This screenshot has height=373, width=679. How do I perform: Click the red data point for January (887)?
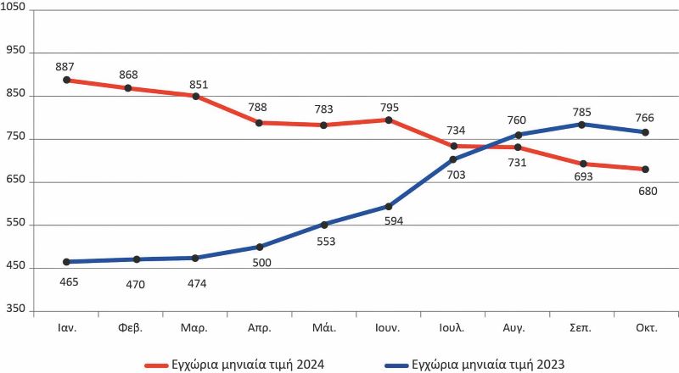pyautogui.click(x=66, y=81)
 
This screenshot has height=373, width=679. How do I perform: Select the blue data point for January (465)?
pyautogui.click(x=66, y=262)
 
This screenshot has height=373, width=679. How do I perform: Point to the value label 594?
pyautogui.click(x=388, y=222)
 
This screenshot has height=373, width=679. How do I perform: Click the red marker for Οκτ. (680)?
pyautogui.click(x=646, y=170)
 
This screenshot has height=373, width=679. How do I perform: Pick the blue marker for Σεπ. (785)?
pyautogui.click(x=582, y=125)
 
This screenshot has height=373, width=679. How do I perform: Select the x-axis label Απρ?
pyautogui.click(x=260, y=326)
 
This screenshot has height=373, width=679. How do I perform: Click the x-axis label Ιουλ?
pyautogui.click(x=453, y=326)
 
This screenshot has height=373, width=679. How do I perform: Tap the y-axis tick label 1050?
pyautogui.click(x=15, y=8)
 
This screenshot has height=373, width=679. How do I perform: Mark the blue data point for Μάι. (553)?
pyautogui.click(x=324, y=225)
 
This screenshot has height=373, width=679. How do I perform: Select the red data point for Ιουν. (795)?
pyautogui.click(x=389, y=120)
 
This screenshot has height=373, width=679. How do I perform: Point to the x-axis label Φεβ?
pyautogui.click(x=130, y=326)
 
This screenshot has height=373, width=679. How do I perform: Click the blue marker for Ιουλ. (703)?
pyautogui.click(x=453, y=159)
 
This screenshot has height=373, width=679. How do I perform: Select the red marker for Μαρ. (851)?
pyautogui.click(x=195, y=97)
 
